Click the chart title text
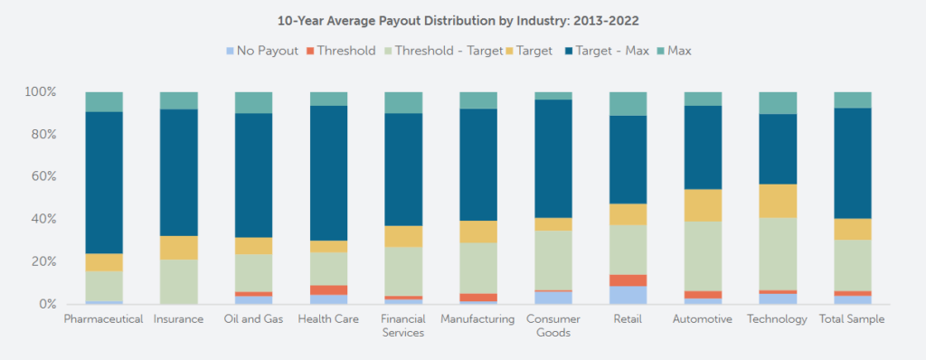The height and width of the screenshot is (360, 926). pos(463,18)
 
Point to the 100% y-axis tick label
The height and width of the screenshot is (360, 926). pos(40,92)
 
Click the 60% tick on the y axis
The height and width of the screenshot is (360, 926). pos(43,177)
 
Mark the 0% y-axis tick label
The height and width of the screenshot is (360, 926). pos(46,305)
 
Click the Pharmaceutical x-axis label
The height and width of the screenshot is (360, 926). pos(104,319)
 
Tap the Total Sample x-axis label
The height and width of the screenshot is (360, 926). pos(852,319)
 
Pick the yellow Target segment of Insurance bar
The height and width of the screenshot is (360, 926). pos(178,248)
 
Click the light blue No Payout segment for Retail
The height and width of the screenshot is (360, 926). pos(628,295)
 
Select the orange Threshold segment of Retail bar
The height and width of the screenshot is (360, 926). pos(628,280)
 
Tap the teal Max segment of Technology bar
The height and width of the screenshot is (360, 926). pos(778,102)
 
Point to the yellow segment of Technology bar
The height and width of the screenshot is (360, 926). pos(778,201)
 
